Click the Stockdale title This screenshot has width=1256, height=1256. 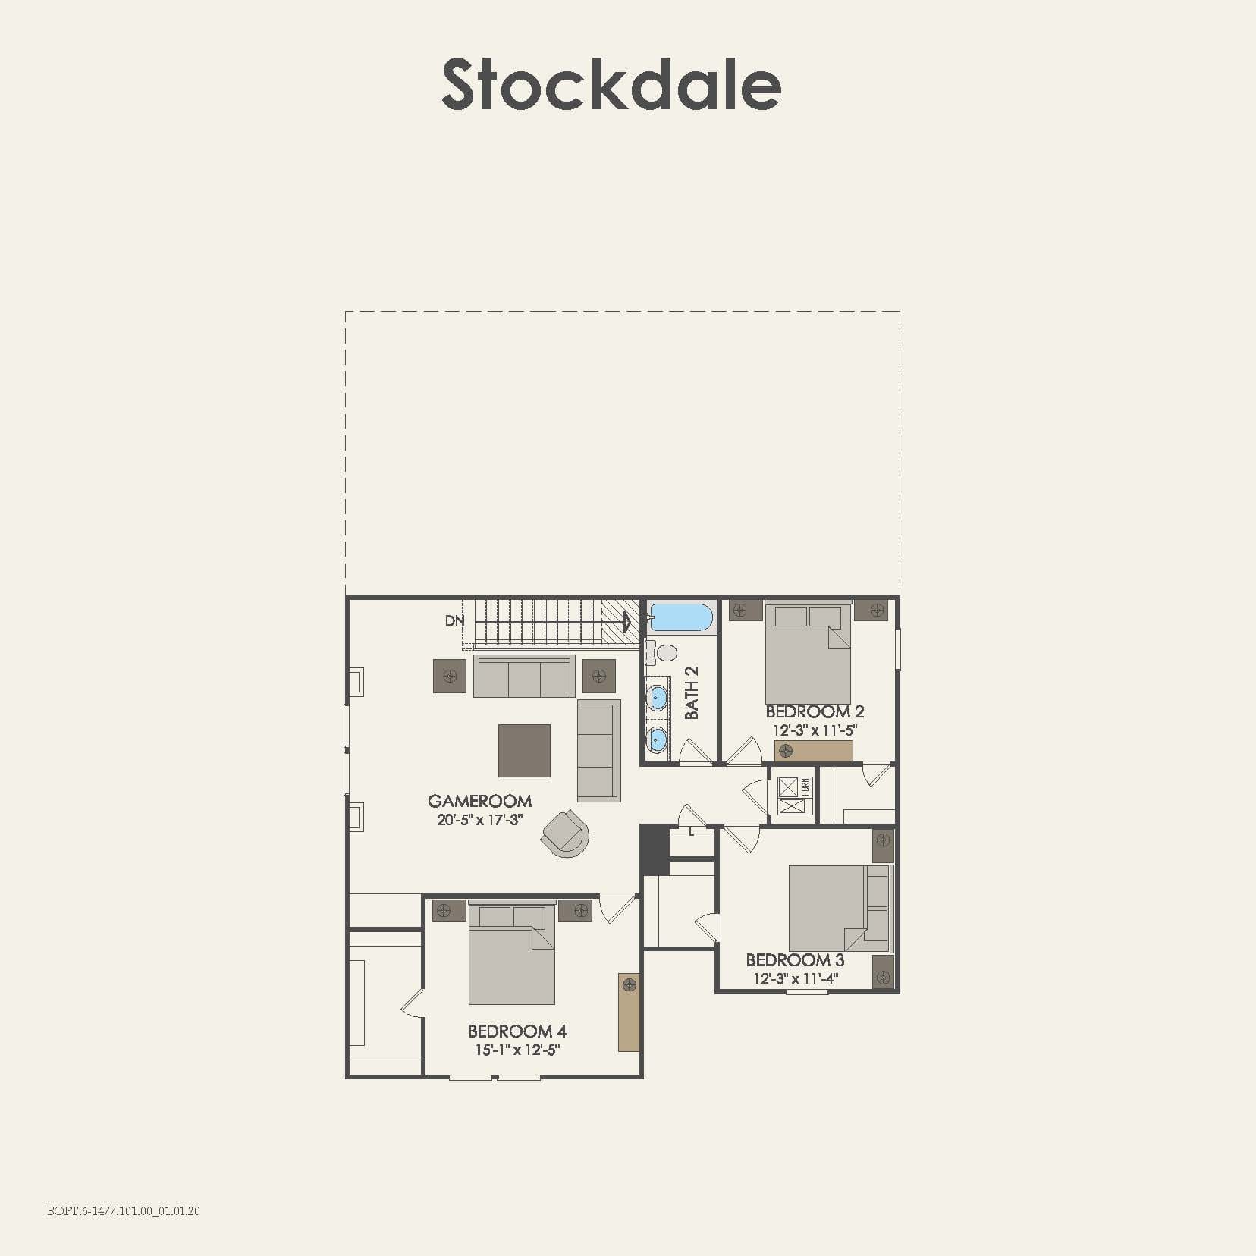tap(611, 85)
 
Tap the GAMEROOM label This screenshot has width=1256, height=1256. tap(479, 801)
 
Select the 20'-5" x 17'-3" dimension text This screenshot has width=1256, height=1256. tap(479, 820)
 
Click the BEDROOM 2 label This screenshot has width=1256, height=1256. tap(815, 711)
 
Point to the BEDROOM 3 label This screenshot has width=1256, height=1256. tap(795, 959)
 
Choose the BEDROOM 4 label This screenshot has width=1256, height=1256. tap(517, 1031)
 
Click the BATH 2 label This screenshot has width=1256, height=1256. tap(692, 692)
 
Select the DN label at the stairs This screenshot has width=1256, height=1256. tap(454, 620)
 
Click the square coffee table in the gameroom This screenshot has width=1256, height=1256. tap(524, 750)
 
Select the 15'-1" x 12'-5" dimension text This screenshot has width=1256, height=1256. tap(517, 1050)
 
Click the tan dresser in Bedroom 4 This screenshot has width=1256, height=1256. tap(629, 1012)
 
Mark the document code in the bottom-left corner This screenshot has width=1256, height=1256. tap(124, 1211)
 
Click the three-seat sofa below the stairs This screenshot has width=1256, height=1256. tap(524, 677)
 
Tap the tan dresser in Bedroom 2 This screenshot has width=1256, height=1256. tap(813, 751)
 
